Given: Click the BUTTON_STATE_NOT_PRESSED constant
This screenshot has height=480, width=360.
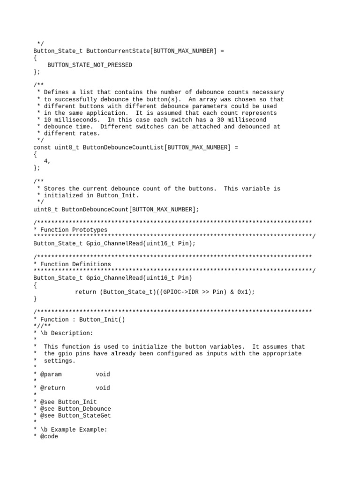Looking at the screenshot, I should (x=90, y=65).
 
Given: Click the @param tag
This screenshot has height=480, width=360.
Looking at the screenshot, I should (x=51, y=374).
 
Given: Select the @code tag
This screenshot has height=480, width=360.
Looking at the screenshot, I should (x=49, y=436).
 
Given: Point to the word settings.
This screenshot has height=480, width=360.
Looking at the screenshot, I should (x=60, y=360).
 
